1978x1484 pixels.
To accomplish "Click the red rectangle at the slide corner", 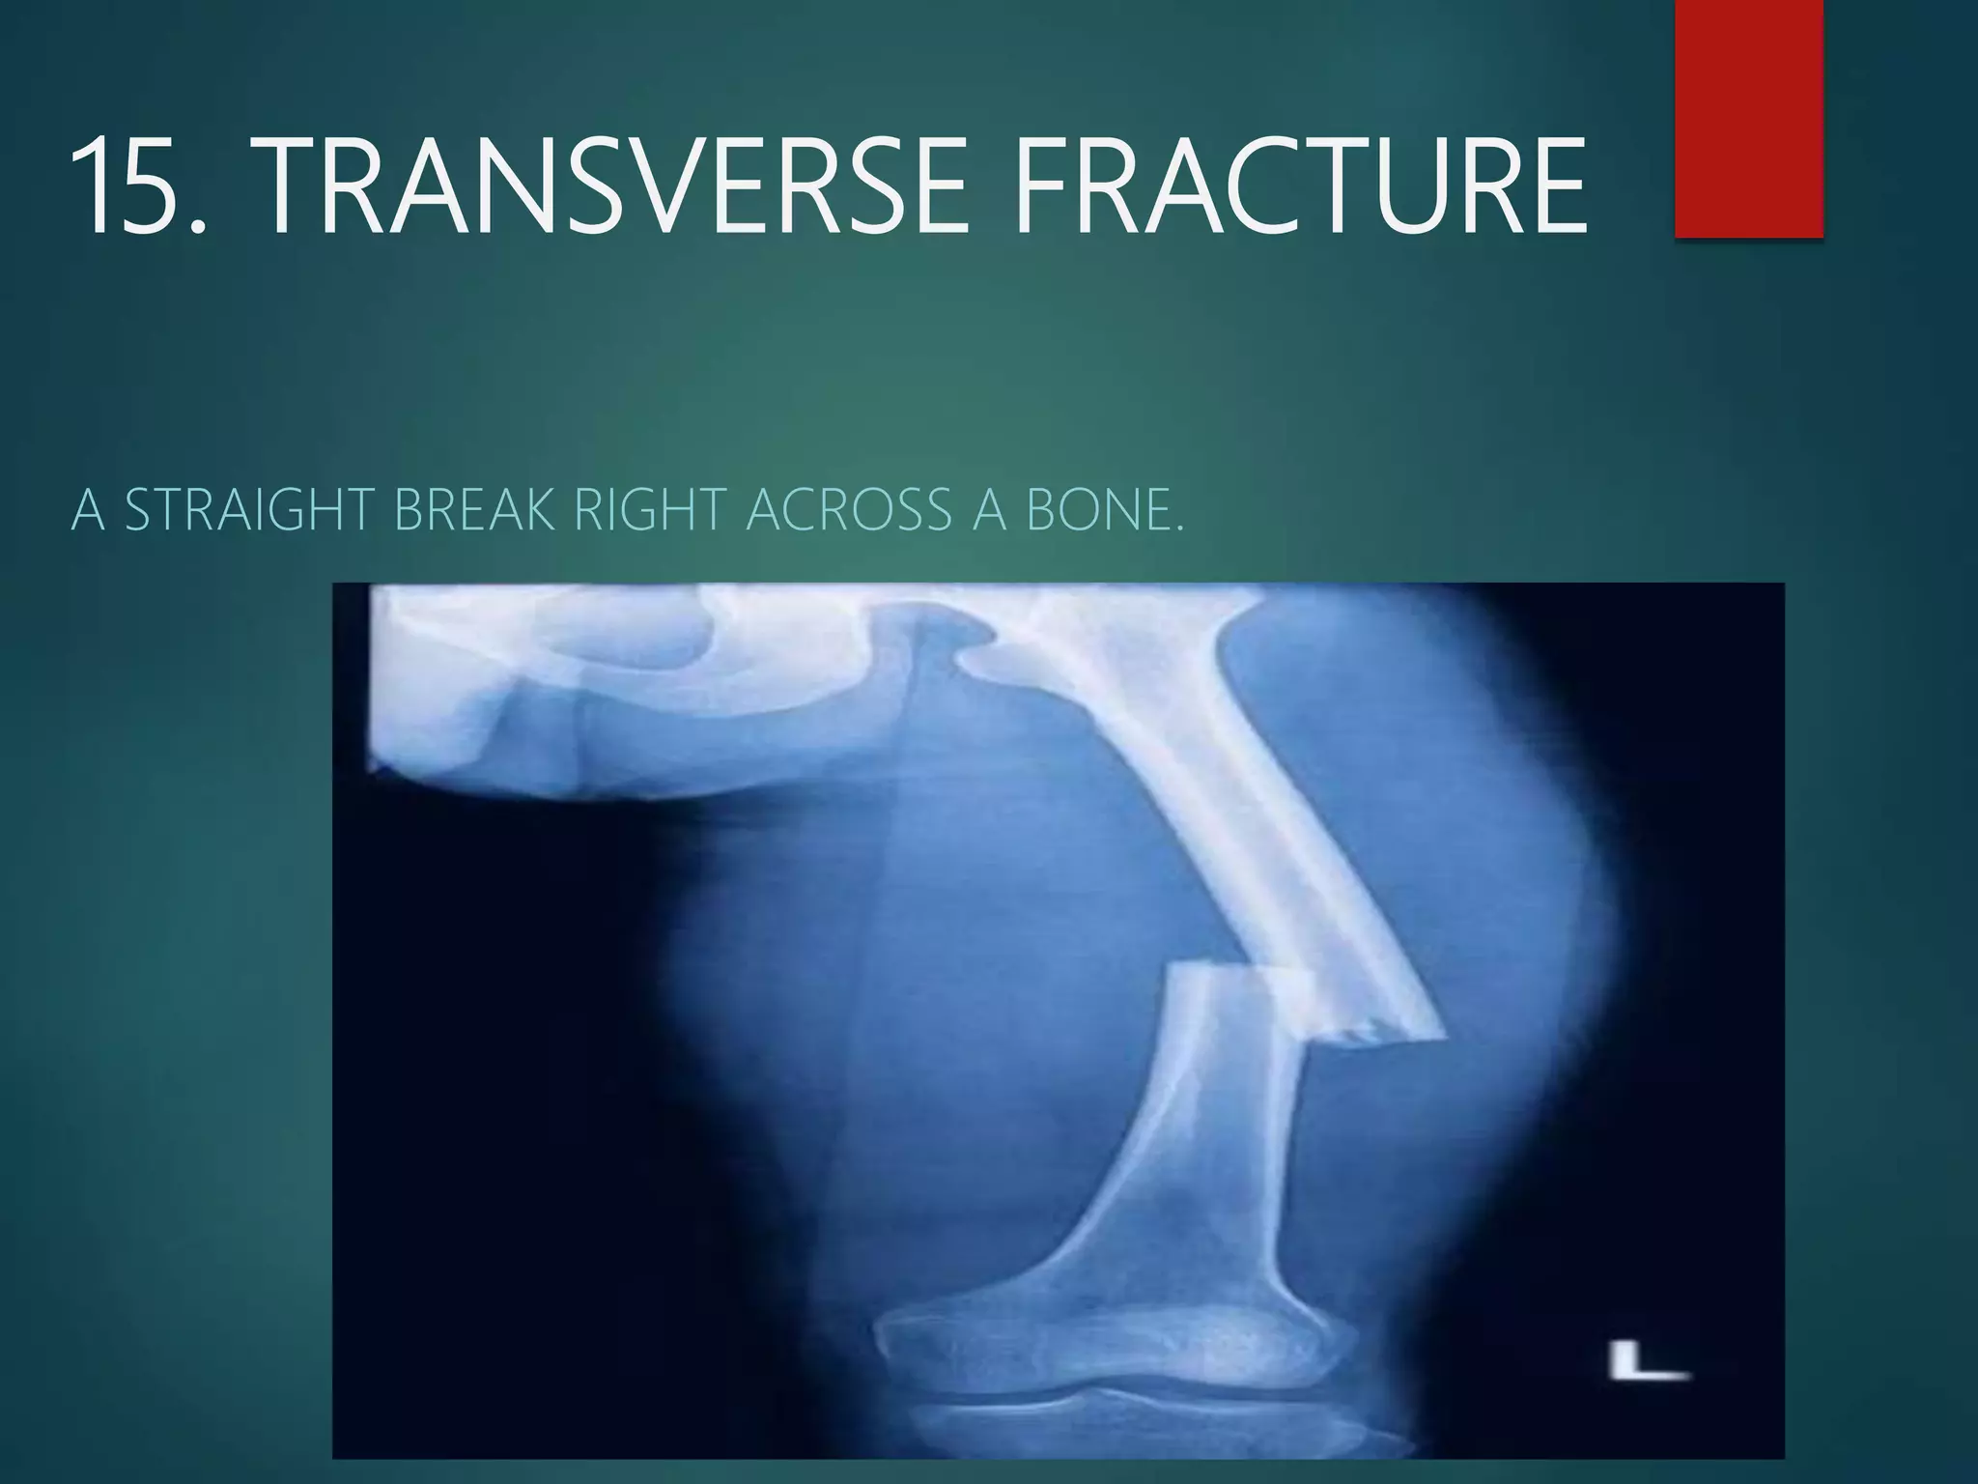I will [1748, 118].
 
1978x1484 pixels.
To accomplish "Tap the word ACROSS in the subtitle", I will [850, 510].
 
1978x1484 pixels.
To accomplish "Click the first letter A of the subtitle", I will [88, 510].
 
